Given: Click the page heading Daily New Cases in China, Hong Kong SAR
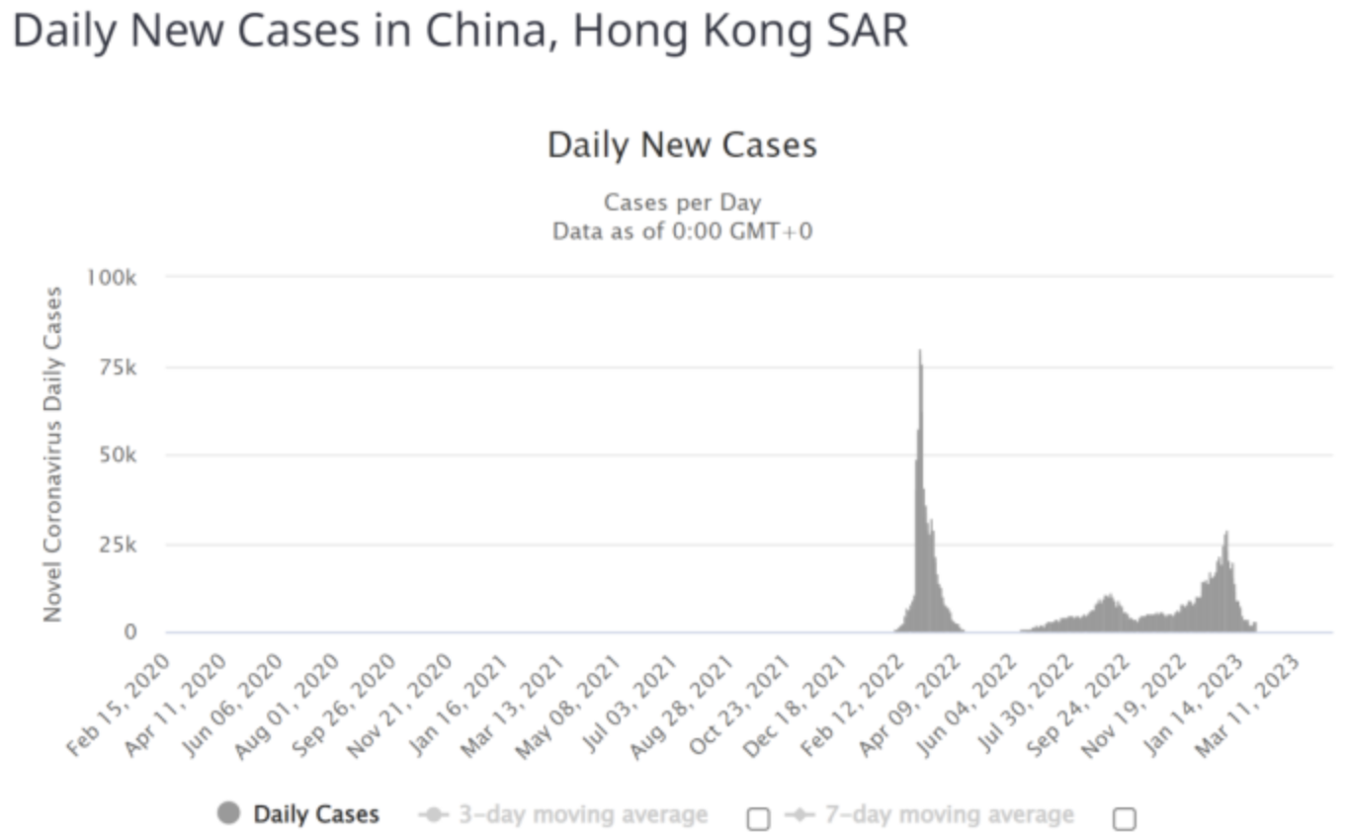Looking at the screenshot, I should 460,32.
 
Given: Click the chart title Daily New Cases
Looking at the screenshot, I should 682,145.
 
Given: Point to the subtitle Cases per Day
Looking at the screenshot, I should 682,203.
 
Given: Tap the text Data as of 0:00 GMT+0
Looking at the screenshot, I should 682,232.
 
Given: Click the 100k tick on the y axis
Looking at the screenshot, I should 112,277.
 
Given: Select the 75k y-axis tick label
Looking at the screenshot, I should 117,367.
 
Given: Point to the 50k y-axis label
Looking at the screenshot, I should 117,456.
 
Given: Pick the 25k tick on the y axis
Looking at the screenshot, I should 117,545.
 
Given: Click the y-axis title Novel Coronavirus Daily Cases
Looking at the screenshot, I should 52,455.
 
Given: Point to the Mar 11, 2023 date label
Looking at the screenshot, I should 1254,704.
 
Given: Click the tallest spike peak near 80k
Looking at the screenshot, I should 920,352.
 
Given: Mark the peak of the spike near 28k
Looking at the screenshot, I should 1226,534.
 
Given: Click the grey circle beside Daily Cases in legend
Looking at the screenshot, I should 229,814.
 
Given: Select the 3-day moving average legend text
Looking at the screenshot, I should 583,815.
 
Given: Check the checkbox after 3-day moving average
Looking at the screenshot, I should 758,818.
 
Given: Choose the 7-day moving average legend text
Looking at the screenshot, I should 949,815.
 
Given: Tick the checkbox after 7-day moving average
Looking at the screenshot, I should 1124,818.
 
